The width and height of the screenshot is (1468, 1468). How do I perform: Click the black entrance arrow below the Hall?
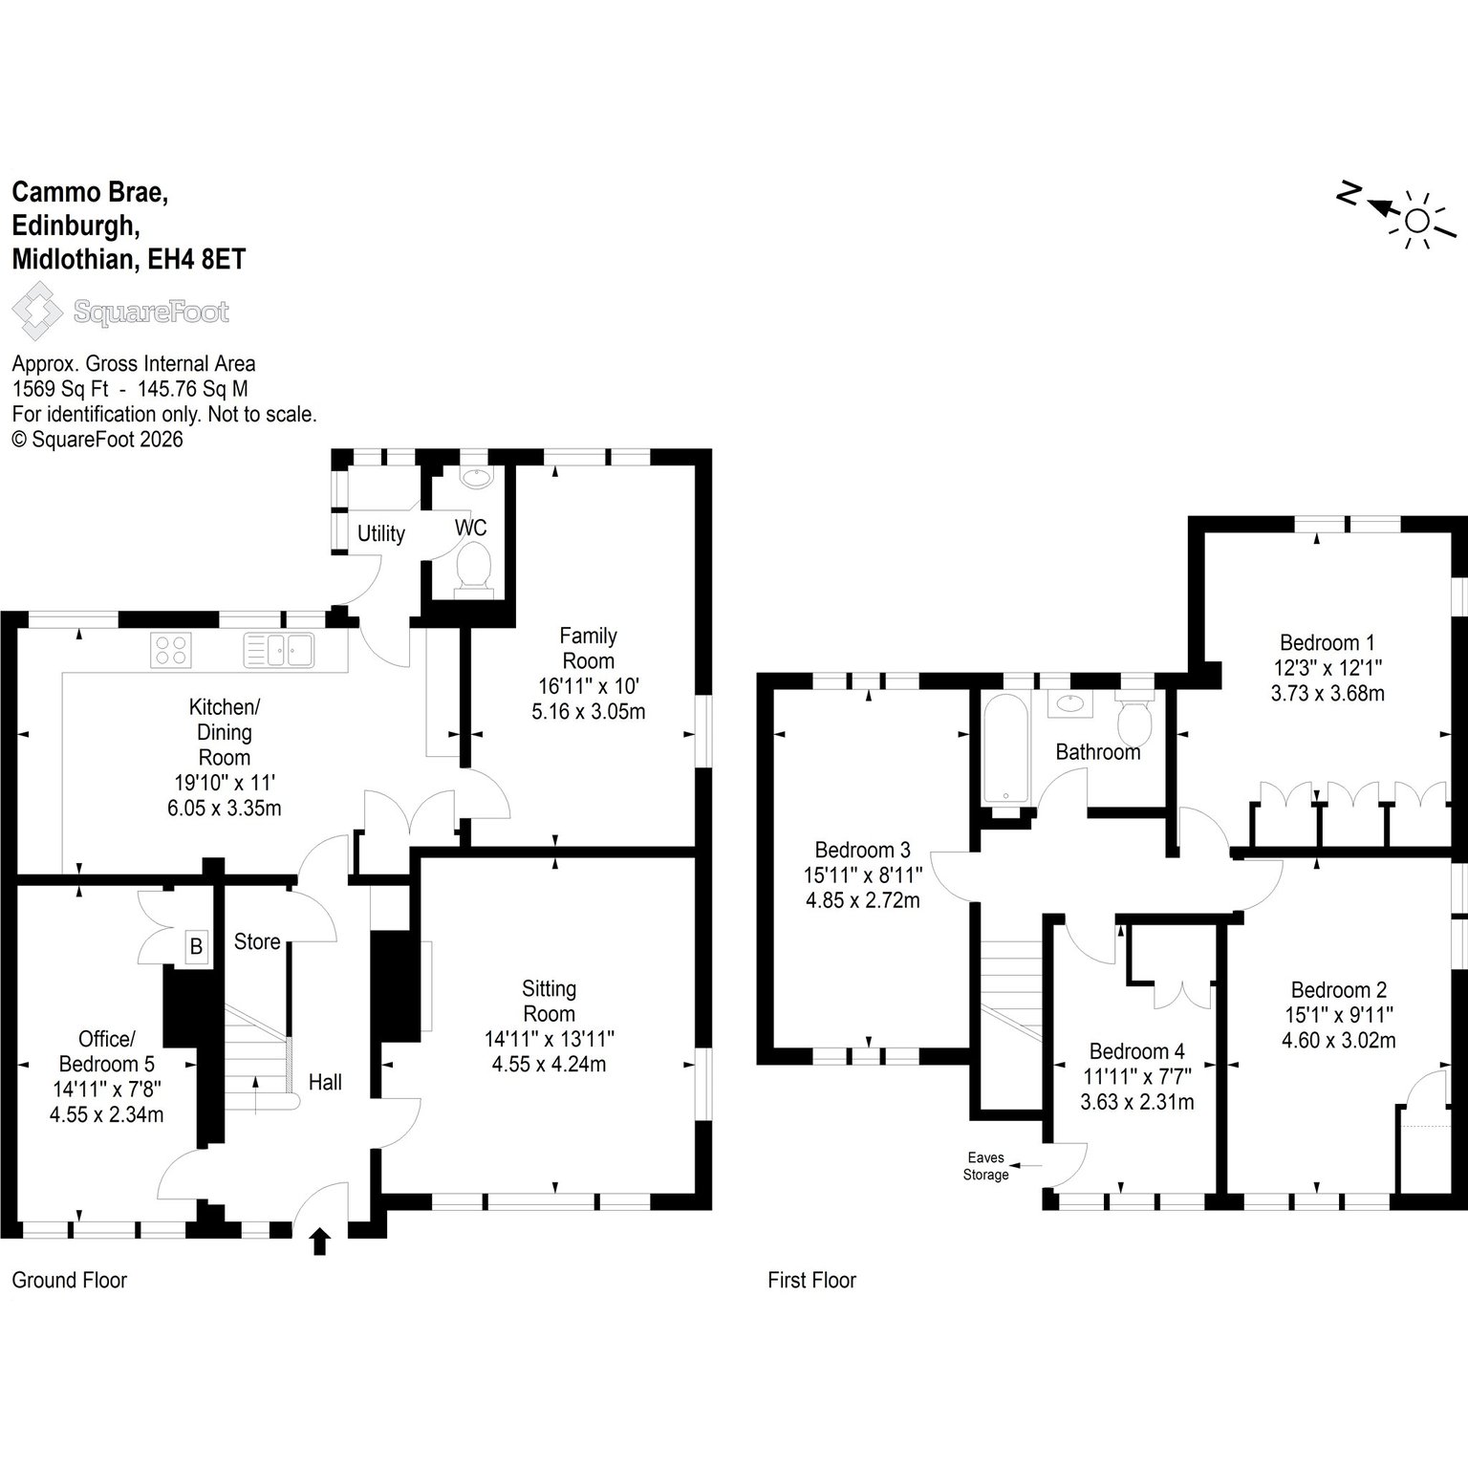pos(320,1241)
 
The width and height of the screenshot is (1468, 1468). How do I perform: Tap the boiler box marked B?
pos(197,947)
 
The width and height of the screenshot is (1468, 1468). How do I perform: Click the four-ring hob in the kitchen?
pos(171,650)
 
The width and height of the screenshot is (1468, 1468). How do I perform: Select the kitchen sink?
pos(279,650)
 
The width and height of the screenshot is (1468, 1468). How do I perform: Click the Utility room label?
pos(381,533)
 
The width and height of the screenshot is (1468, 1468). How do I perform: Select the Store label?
pos(257,941)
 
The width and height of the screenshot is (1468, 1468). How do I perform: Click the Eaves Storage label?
pos(985,1166)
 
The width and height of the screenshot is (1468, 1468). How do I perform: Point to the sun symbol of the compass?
pos(1416,222)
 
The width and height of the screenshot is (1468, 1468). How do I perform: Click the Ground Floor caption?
pos(69,1280)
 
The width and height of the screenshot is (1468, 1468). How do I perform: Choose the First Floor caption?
pos(811,1280)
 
